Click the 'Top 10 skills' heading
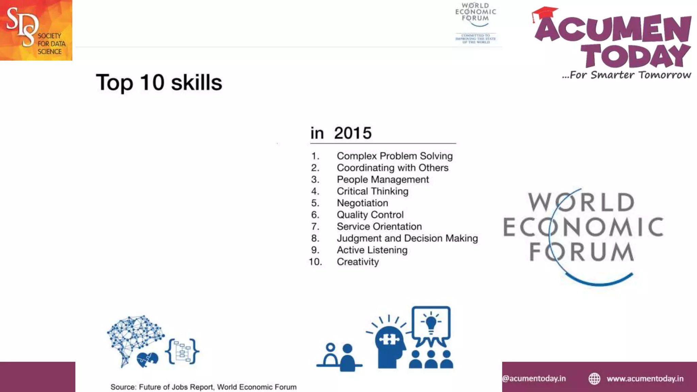tap(159, 83)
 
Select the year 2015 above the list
tap(353, 133)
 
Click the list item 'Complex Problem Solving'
tap(394, 156)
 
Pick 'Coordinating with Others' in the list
tap(392, 168)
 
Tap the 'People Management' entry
tap(383, 180)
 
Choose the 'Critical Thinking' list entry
tap(372, 191)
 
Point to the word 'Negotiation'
tap(362, 203)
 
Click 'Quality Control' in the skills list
tap(370, 215)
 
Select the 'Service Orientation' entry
tap(379, 227)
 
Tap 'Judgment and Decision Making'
tap(407, 238)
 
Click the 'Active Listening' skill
tap(372, 250)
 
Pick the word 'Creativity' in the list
tap(358, 262)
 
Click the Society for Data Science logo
tap(36, 30)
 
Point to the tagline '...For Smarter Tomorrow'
tap(626, 75)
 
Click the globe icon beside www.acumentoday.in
tap(595, 379)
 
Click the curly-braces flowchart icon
tap(182, 352)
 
